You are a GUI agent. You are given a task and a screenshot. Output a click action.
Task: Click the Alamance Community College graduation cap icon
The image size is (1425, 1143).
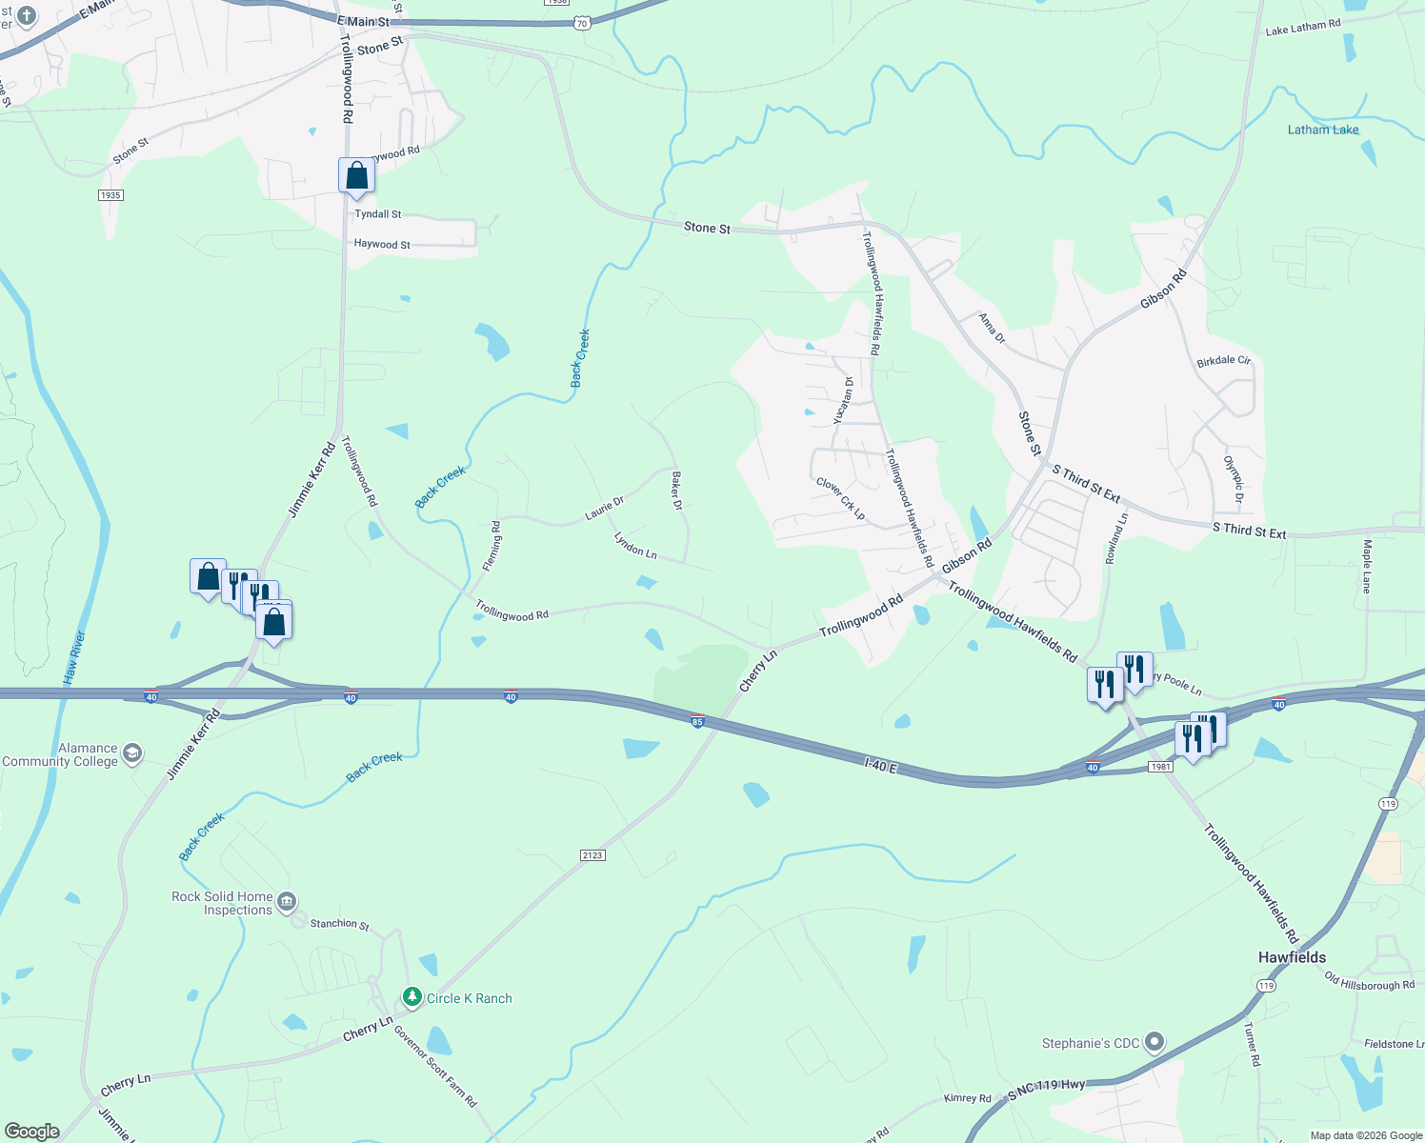[x=132, y=753]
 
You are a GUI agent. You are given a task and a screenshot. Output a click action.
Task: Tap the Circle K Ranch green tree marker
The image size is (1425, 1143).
[x=411, y=997]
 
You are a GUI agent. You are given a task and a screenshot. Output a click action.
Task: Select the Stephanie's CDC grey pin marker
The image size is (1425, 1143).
[x=1154, y=1042]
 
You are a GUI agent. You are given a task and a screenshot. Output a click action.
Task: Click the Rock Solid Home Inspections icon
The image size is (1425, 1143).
[x=287, y=901]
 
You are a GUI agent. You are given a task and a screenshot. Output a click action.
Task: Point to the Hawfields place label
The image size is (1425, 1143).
[x=1292, y=957]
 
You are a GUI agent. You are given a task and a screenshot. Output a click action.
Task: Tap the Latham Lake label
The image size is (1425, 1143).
[x=1323, y=130]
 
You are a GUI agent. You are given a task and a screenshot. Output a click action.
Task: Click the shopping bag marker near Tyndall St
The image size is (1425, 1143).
[x=356, y=176]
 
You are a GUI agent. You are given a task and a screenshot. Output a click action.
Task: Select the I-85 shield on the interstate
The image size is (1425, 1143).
[x=697, y=721]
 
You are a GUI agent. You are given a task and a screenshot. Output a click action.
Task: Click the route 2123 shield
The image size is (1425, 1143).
[x=592, y=854]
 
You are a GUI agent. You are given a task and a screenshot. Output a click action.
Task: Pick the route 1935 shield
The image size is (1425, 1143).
[x=110, y=195]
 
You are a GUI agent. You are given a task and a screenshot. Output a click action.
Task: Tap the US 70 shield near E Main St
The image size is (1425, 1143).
[x=582, y=24]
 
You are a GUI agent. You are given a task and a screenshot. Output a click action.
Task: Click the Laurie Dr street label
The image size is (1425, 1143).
[x=604, y=509]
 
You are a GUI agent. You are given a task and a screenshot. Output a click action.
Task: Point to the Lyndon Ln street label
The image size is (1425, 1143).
[x=635, y=546]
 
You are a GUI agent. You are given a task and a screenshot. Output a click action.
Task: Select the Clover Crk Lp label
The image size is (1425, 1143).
[x=840, y=498]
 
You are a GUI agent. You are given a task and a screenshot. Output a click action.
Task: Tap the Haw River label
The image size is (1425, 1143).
[x=75, y=657]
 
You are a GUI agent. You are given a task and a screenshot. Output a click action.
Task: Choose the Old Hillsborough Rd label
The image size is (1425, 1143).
[x=1369, y=982]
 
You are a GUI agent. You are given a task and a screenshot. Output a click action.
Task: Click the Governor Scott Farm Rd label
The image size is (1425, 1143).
[x=435, y=1066]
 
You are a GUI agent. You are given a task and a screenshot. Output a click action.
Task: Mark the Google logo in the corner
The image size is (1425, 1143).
[x=31, y=1132]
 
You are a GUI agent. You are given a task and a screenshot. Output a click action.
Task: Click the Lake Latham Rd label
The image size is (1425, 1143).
[x=1302, y=28]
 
